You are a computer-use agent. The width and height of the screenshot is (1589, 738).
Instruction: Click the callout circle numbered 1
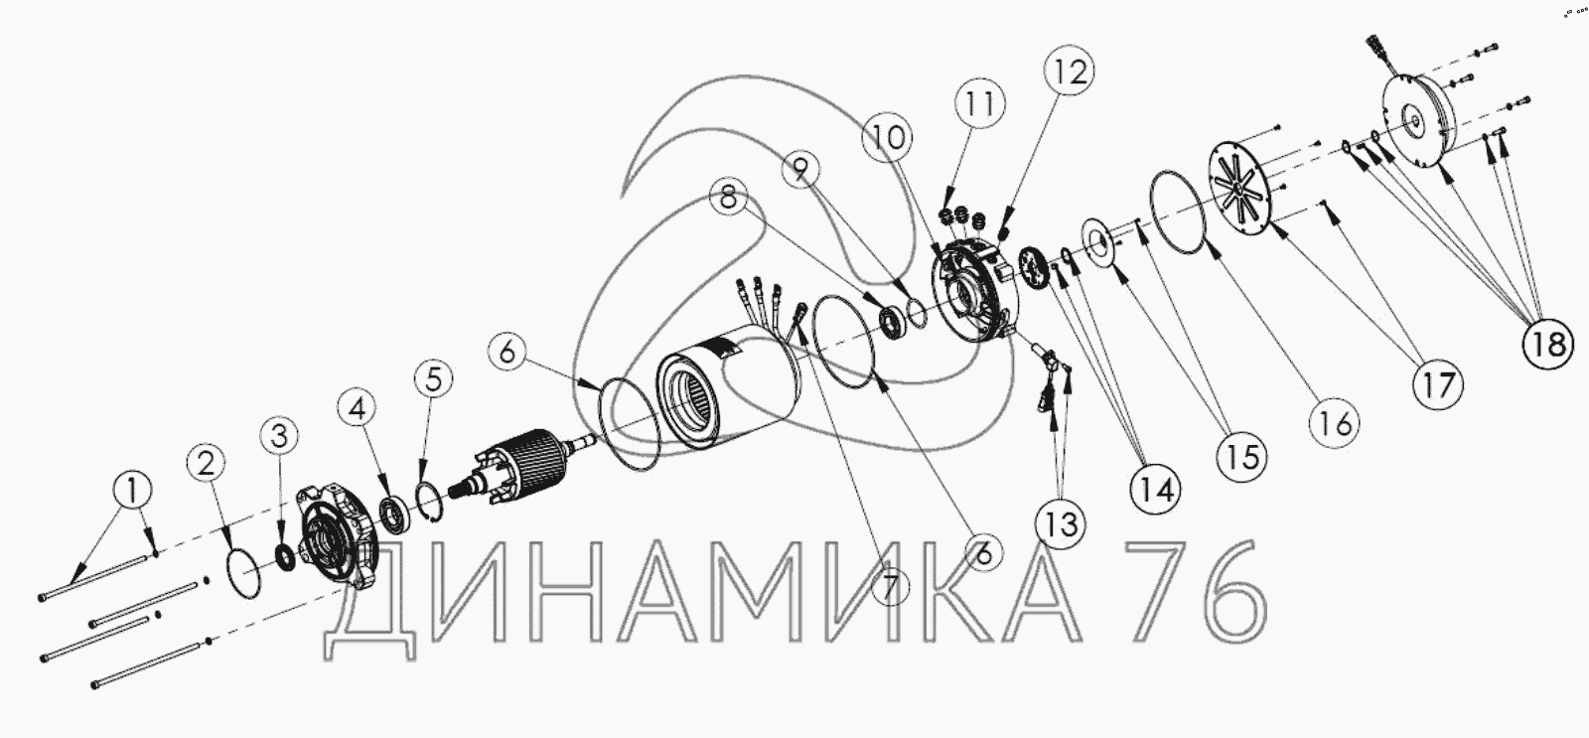(133, 491)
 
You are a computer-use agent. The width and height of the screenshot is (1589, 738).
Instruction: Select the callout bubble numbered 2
(206, 464)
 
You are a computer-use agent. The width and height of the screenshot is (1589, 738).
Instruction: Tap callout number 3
(279, 436)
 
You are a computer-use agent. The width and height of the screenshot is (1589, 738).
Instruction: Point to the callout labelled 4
(357, 408)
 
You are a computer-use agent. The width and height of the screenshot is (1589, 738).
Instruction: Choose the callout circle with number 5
(433, 378)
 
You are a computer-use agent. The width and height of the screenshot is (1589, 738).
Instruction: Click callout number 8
(729, 196)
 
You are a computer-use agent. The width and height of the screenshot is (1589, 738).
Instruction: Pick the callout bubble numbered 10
(888, 137)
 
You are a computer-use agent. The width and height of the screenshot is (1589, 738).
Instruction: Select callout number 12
(1069, 71)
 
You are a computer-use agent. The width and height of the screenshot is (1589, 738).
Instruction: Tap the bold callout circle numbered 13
(1061, 525)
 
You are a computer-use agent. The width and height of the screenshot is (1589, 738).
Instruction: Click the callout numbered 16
(1335, 424)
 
